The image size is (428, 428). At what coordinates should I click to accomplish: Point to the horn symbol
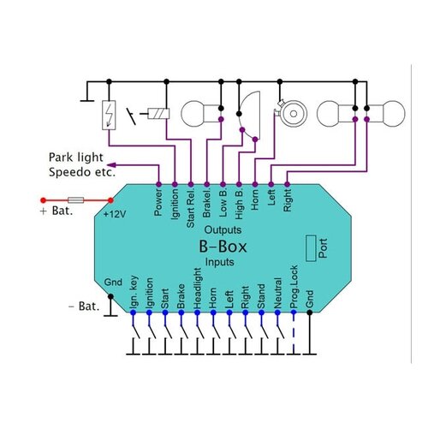(288, 112)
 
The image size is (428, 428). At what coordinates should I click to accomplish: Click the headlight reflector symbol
(250, 111)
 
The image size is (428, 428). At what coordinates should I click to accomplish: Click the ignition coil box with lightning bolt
(109, 114)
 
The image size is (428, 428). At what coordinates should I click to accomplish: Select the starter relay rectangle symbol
(160, 113)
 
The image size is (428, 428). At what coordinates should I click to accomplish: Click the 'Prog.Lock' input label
(294, 291)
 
